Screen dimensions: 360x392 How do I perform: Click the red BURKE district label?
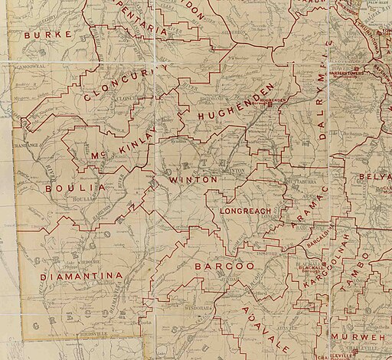point(47,35)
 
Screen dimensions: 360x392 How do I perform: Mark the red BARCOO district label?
point(224,266)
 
